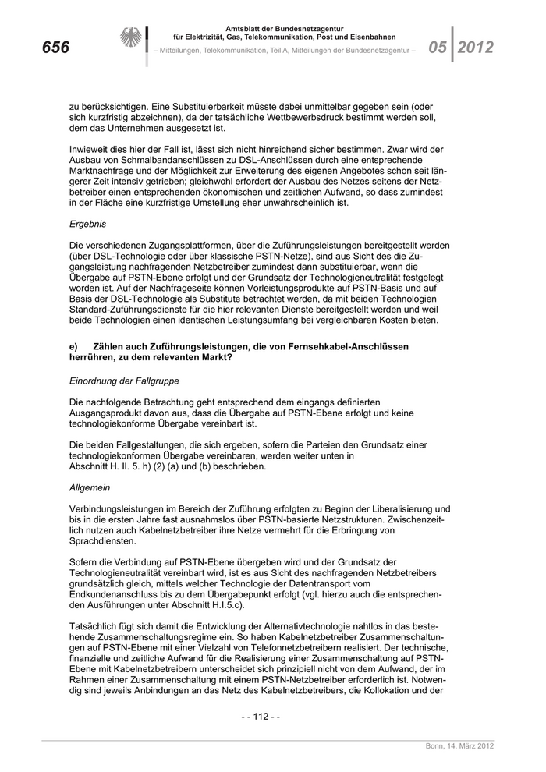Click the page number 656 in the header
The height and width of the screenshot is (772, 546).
pos(56,48)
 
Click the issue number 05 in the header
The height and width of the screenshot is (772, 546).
pos(437,48)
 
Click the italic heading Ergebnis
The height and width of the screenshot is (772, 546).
pos(87,223)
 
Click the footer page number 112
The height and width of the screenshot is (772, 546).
pos(262,717)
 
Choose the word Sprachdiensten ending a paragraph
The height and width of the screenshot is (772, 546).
pos(105,540)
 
